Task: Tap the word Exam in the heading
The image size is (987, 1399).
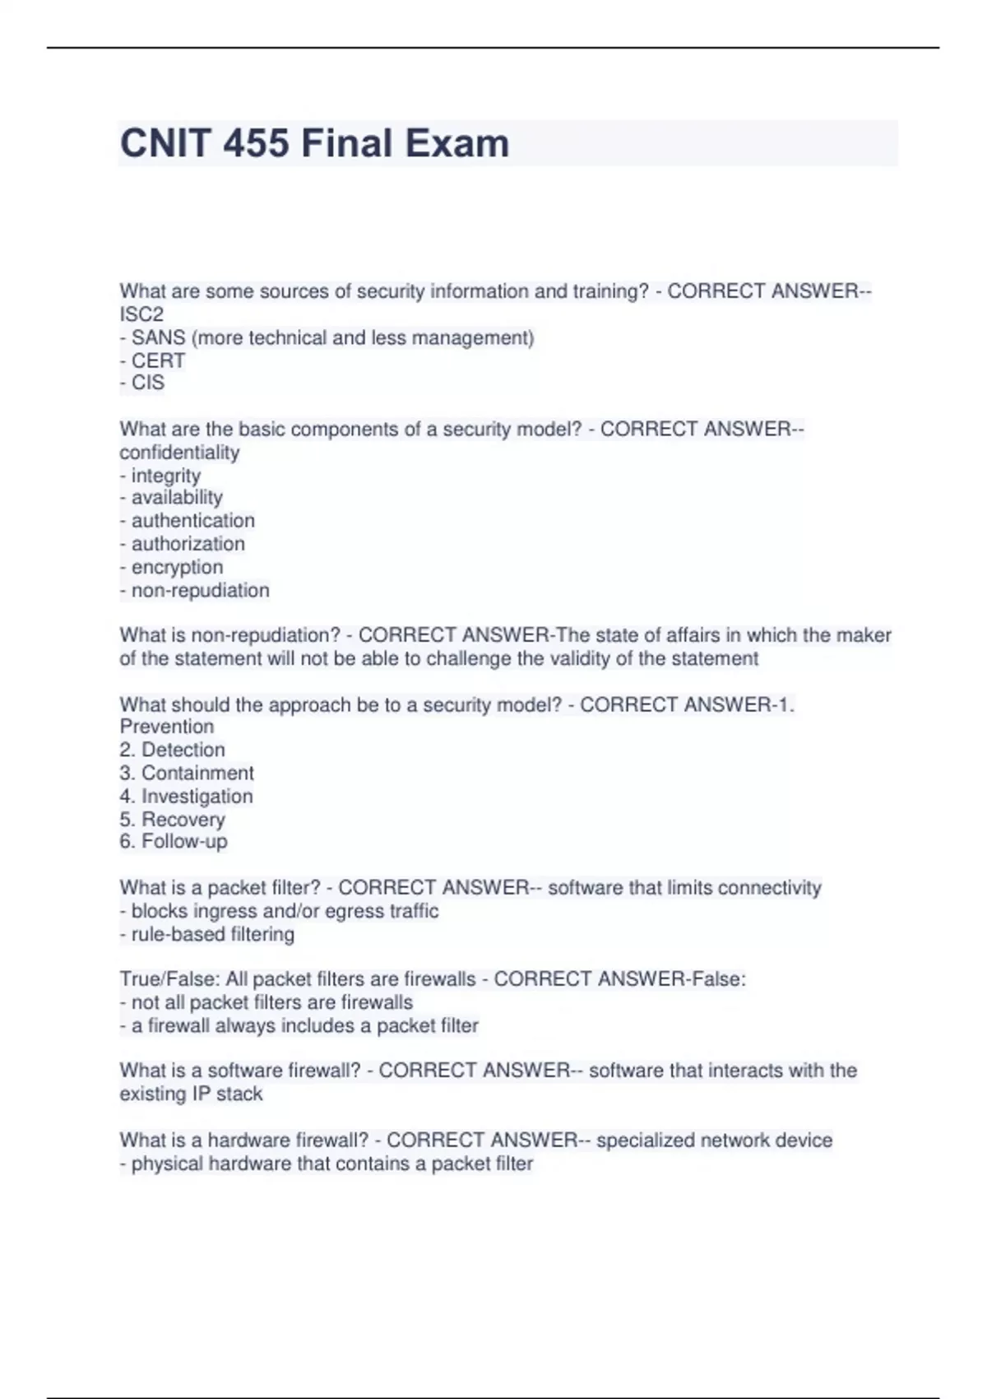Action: click(x=456, y=143)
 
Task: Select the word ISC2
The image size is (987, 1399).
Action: click(x=141, y=314)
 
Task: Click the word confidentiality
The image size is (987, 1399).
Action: click(x=179, y=453)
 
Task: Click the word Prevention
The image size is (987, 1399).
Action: click(x=166, y=727)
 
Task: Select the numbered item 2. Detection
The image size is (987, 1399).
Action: click(x=172, y=750)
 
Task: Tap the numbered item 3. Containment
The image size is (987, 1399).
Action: click(x=187, y=773)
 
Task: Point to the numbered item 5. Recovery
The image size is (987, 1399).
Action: click(x=172, y=820)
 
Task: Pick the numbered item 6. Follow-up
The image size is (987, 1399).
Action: click(x=174, y=841)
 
